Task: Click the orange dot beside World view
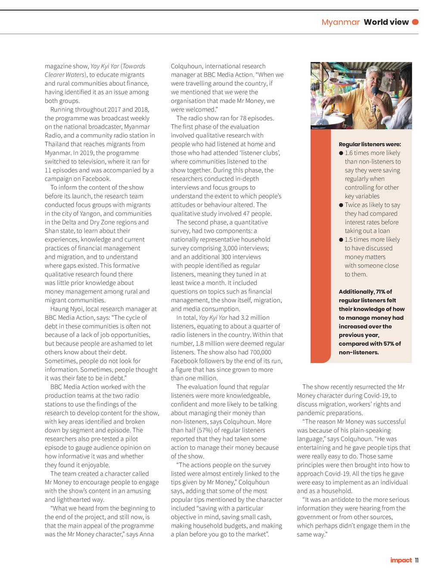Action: [x=415, y=22]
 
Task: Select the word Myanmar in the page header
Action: [x=340, y=22]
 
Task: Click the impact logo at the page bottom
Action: [x=401, y=560]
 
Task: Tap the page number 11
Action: [x=416, y=560]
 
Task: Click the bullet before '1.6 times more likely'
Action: [x=341, y=153]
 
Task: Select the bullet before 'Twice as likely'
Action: [x=341, y=205]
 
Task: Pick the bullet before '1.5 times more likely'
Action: [x=341, y=240]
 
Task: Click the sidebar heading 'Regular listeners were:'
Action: [x=370, y=144]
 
